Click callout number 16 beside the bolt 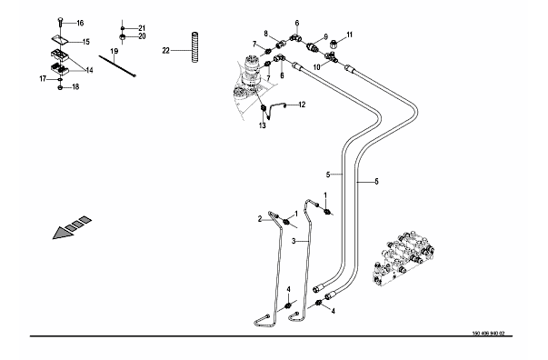point(80,23)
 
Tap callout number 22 point(165,51)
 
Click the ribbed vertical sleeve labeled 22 point(195,47)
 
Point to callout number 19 point(115,52)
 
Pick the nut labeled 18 point(60,87)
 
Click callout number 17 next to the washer point(43,79)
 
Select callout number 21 point(142,28)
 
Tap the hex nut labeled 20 point(123,36)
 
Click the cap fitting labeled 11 point(334,45)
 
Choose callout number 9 point(325,36)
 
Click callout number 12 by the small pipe point(302,105)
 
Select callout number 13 point(262,125)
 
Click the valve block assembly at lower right point(404,257)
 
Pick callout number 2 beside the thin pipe point(260,219)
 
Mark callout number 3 point(294,241)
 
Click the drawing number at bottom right point(488,334)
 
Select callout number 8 point(266,34)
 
